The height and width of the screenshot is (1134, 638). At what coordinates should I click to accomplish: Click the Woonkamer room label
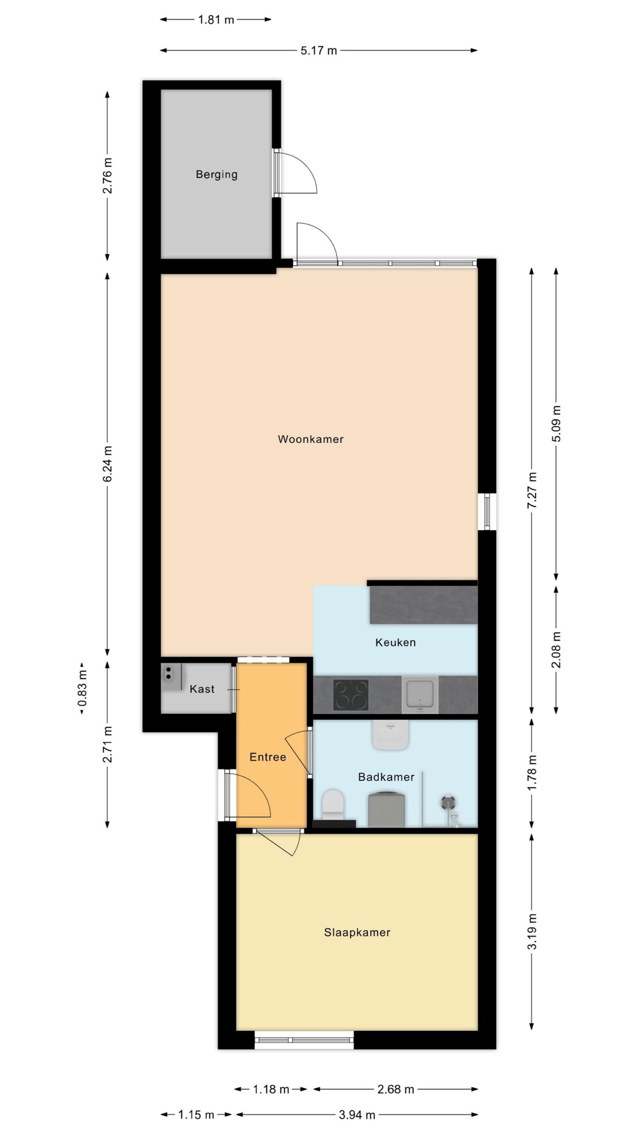(311, 439)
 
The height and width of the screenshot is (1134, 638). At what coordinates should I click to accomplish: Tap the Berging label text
(217, 175)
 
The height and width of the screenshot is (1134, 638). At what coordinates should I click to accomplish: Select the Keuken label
(396, 642)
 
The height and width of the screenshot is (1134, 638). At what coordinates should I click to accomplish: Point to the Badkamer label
(386, 777)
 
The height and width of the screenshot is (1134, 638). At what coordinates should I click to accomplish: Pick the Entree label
(268, 757)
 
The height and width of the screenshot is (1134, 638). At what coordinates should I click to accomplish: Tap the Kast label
(202, 689)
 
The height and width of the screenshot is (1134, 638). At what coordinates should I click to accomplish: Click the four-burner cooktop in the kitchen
(351, 695)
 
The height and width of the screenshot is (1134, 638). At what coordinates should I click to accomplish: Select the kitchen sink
(420, 695)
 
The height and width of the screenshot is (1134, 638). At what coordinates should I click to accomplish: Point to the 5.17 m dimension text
(319, 50)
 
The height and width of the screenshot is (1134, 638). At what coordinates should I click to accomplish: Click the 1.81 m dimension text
(216, 19)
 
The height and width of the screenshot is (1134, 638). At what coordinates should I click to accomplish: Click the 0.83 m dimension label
(82, 687)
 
